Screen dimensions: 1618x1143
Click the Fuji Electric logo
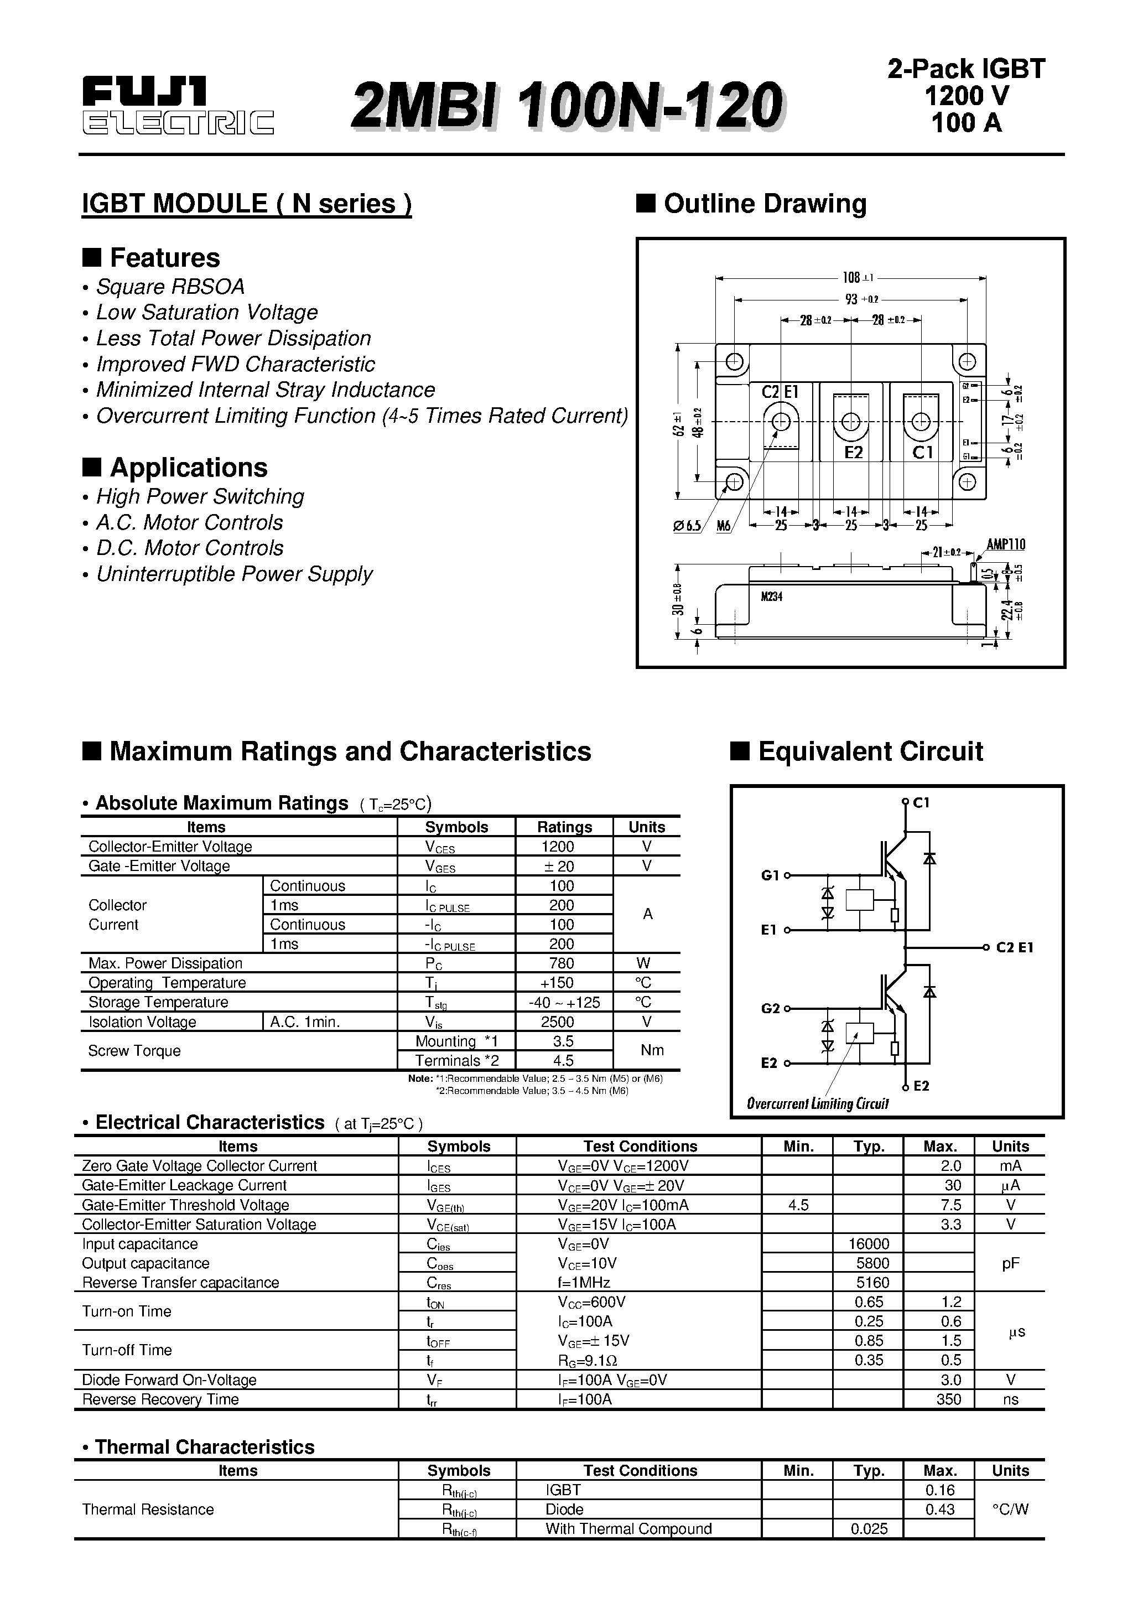[x=178, y=106]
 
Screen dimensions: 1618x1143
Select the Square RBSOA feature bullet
[x=170, y=287]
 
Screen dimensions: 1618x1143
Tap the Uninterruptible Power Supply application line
[x=234, y=574]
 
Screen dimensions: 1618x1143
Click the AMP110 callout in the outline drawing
[x=1006, y=544]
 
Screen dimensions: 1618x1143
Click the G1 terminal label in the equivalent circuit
[x=770, y=875]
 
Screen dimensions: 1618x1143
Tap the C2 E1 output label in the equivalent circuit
[x=1014, y=948]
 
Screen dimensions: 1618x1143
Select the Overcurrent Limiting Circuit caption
[x=818, y=1103]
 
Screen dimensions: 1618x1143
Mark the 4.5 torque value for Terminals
[x=563, y=1061]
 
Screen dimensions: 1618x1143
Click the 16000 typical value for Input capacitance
[x=869, y=1244]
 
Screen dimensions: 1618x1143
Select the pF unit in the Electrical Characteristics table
[x=1011, y=1263]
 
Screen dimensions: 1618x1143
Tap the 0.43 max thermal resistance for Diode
[x=940, y=1509]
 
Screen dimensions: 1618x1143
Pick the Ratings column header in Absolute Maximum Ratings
[x=564, y=827]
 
